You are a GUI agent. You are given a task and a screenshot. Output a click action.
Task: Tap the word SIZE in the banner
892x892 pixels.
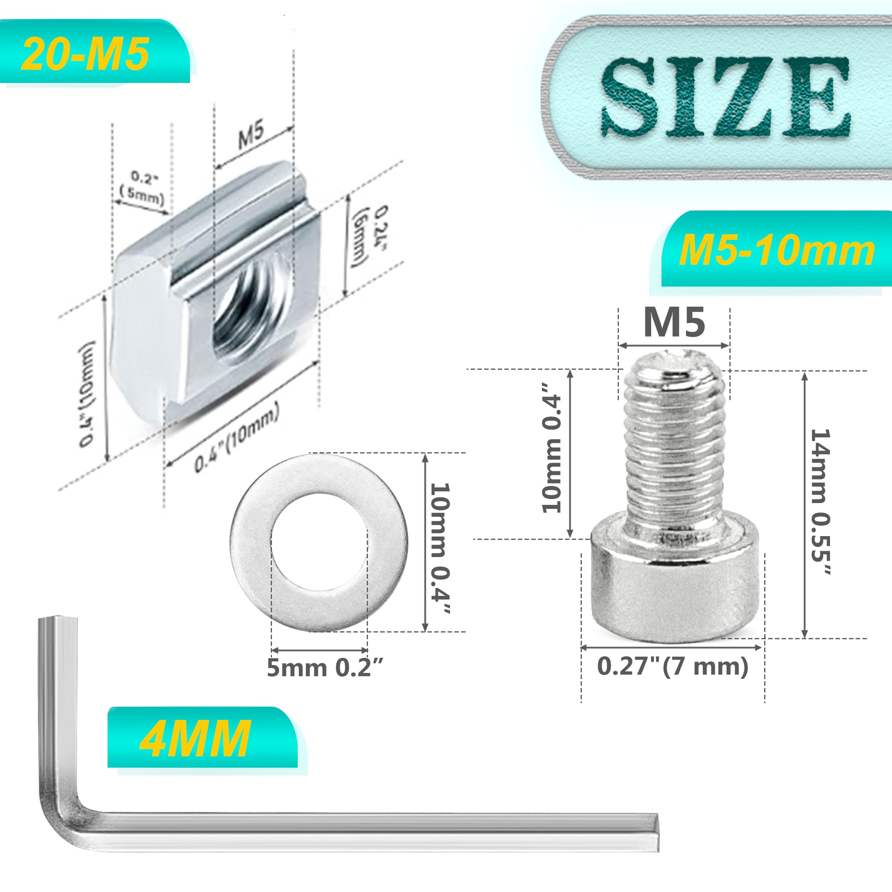725,97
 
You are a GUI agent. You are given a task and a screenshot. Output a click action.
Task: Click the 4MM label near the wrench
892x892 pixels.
196,739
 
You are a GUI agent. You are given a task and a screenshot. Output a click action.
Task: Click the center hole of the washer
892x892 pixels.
319,542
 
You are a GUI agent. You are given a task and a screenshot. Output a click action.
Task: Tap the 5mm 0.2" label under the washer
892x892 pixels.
325,668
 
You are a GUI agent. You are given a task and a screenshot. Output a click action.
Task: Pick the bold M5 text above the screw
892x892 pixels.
674,323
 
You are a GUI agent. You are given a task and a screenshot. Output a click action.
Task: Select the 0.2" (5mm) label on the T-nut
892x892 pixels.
142,188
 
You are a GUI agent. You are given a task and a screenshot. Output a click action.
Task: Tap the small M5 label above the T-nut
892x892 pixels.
251,134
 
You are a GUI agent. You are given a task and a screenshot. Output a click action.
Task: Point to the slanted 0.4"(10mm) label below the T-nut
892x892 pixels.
236,437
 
